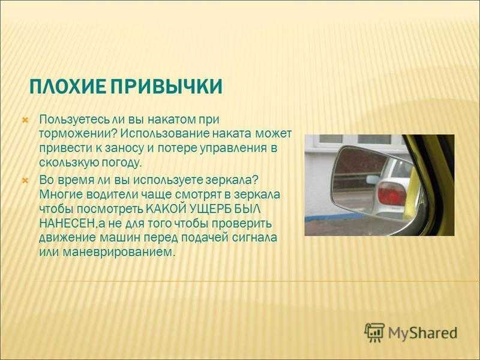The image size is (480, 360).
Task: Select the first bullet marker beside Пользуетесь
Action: click(25, 120)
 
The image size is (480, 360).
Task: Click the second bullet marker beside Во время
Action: click(25, 181)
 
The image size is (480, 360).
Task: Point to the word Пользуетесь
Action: click(74, 119)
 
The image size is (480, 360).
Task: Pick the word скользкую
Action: click(66, 163)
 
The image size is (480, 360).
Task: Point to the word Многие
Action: click(61, 194)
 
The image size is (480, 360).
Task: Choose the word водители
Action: click(111, 194)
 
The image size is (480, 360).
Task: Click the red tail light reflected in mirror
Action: click(391, 193)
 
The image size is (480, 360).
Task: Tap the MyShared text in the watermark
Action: click(423, 333)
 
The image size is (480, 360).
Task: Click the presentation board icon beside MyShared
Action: click(374, 332)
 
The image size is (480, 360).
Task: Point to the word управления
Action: click(233, 148)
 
